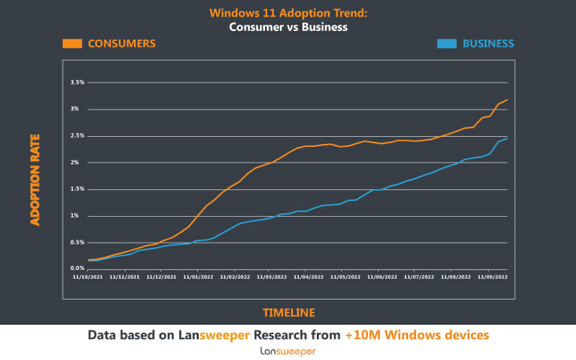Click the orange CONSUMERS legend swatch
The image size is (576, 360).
coord(72,43)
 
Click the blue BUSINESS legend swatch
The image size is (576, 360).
coord(446,43)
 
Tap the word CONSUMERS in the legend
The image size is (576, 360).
coord(121,43)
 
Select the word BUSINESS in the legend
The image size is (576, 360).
coord(488,43)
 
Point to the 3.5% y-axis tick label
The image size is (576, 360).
coord(78,83)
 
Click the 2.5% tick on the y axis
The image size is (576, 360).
coord(78,136)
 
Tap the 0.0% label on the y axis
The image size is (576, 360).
coord(78,269)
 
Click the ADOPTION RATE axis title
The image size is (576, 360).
coord(35,179)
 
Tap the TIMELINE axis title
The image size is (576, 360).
coord(288,312)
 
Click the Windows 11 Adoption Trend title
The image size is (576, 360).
coord(288,13)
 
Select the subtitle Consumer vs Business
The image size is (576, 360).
coord(288,27)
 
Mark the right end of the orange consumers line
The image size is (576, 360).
coord(507,100)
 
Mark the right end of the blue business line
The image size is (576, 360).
coord(507,138)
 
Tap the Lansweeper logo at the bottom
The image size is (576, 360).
coord(288,351)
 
